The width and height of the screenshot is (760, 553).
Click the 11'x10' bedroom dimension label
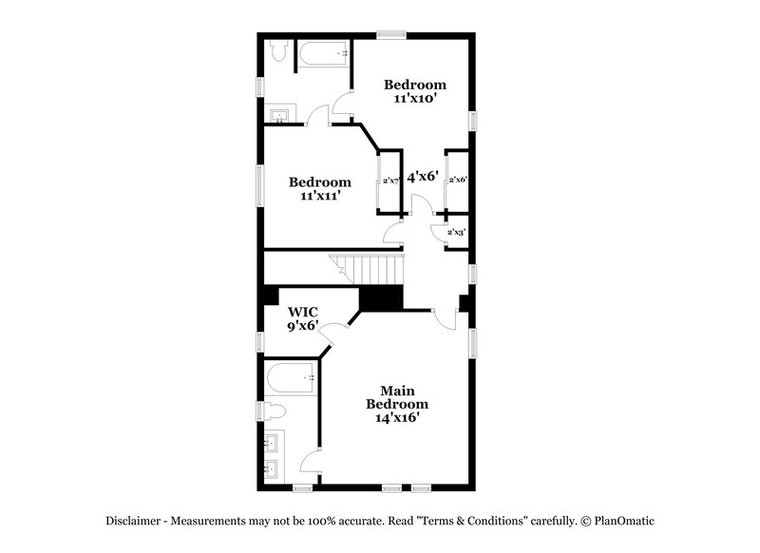(414, 98)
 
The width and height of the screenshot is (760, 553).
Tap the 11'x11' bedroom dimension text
(320, 196)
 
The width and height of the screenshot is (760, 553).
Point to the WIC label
(303, 312)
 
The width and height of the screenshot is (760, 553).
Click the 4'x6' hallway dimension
(422, 177)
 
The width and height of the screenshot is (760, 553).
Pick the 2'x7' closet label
(389, 181)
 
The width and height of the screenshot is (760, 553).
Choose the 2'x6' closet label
(457, 179)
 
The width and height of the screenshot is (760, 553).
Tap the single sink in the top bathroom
(278, 118)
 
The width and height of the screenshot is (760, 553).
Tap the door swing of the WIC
(331, 333)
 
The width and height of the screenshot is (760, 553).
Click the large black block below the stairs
(382, 297)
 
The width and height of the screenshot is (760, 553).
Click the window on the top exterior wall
(390, 35)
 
